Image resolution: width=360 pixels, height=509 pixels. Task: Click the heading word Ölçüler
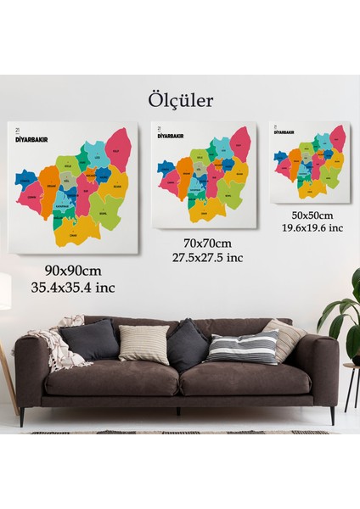[179, 101]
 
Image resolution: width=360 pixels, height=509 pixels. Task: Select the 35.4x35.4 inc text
[73, 287]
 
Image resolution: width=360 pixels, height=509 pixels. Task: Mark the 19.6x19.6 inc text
[312, 227]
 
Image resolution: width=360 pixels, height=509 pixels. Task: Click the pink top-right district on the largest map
[119, 148]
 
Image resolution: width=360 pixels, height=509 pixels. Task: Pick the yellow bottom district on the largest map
[84, 228]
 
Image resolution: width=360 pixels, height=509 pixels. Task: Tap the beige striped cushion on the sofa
[144, 344]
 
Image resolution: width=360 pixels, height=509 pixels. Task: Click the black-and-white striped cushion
[243, 347]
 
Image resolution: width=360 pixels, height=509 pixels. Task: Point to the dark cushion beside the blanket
[89, 339]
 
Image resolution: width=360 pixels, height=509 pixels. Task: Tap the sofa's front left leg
[23, 417]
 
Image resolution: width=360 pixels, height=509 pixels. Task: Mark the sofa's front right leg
[332, 415]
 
